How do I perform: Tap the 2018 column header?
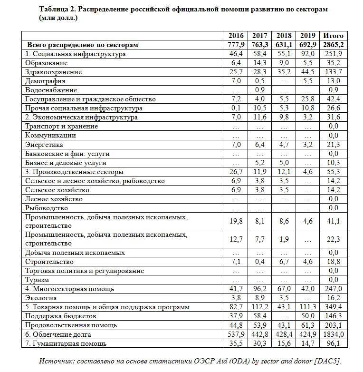tap(284, 36)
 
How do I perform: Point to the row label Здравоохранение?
tap(53, 72)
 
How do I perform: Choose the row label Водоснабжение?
tap(51, 90)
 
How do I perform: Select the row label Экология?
tap(41, 298)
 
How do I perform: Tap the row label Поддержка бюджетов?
tap(61, 316)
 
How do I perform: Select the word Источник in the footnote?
tap(57, 360)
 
